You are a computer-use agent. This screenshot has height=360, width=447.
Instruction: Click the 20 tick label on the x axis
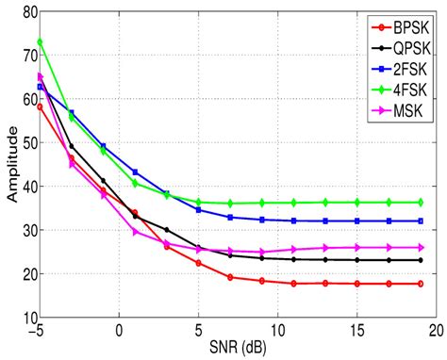(435, 331)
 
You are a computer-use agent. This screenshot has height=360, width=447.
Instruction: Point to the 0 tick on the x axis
(119, 331)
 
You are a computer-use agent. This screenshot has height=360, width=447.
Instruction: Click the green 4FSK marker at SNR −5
(40, 42)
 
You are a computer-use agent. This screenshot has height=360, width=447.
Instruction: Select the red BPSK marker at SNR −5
(40, 106)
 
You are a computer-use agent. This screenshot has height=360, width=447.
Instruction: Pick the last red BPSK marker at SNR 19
(420, 284)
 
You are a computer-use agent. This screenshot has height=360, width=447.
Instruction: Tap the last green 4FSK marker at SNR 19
(420, 202)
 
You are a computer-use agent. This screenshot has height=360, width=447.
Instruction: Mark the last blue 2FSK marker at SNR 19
(420, 221)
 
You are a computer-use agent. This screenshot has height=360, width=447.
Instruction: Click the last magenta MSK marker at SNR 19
(420, 247)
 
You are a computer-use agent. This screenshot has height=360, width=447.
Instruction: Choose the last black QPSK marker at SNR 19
(420, 260)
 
